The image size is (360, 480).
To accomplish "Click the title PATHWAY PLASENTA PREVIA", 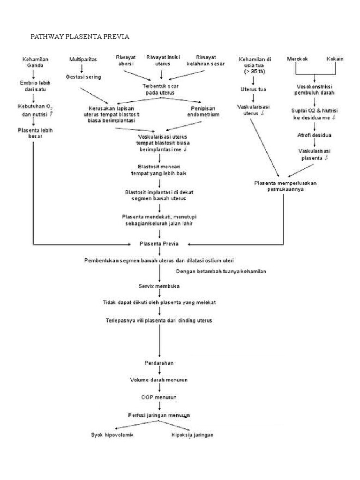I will [80, 36].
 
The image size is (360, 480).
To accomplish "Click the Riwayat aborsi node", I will [126, 60].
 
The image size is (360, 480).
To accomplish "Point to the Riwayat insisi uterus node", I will [163, 60].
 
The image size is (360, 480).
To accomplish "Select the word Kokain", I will [335, 59].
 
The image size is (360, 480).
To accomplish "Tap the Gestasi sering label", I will [83, 76].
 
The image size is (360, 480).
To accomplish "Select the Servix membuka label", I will [161, 285].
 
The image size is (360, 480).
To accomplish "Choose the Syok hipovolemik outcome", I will [112, 435].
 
